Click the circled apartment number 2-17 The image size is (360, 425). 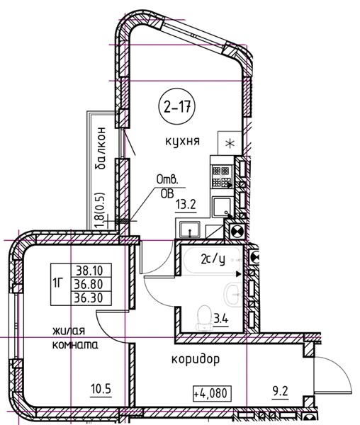tap(176, 106)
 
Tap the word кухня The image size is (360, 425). tap(182, 141)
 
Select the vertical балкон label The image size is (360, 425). tap(101, 148)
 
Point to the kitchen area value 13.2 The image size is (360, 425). tap(186, 205)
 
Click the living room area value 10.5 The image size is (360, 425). tap(101, 390)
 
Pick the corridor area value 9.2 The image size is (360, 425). tap(280, 392)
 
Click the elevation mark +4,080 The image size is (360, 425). tap(213, 393)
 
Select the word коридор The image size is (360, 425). tap(196, 359)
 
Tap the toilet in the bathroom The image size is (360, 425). tap(205, 318)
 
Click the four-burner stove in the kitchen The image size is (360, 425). tap(222, 176)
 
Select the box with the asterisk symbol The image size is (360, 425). tap(230, 143)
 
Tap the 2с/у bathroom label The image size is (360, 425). tap(213, 260)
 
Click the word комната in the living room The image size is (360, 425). tap(75, 345)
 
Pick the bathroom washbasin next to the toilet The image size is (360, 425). tap(232, 294)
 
